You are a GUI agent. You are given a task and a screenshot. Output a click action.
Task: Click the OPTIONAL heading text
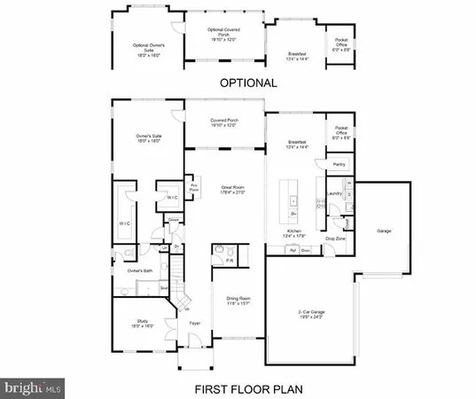click(238, 82)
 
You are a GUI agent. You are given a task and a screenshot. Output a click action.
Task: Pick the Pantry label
click(338, 165)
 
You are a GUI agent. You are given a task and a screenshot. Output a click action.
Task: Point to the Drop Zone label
click(334, 239)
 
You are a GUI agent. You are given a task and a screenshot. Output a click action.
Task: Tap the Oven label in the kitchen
click(306, 251)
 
